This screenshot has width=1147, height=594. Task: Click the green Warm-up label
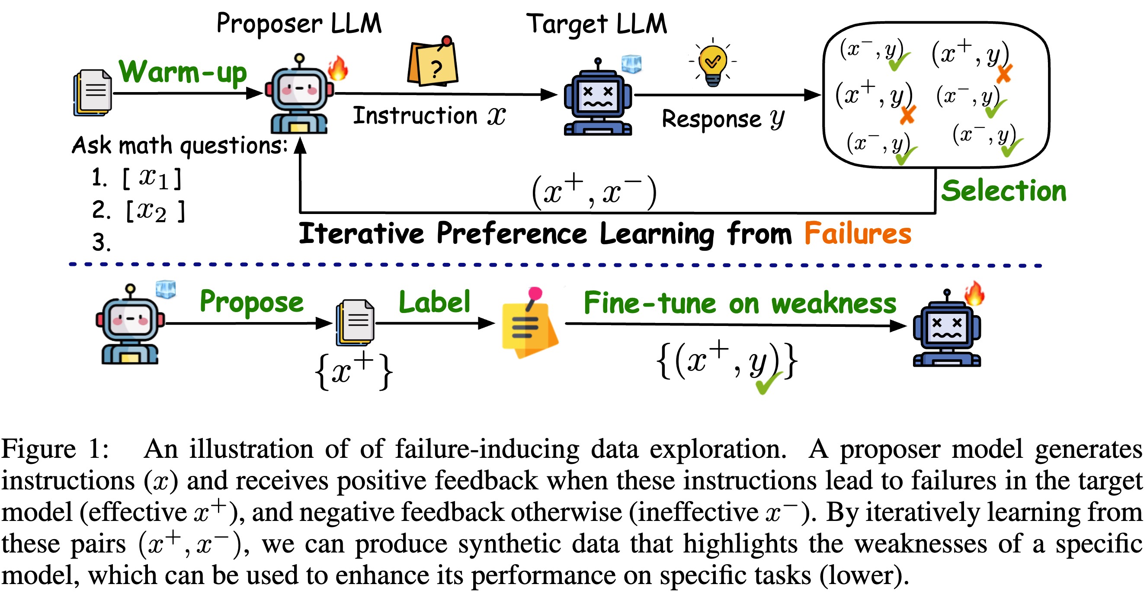(x=183, y=72)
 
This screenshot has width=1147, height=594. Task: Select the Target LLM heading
(x=597, y=24)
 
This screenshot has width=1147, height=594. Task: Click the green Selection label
(x=1003, y=192)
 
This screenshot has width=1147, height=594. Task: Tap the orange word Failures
(x=858, y=234)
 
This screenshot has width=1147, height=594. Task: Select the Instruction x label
(x=429, y=116)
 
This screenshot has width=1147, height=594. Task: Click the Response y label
(x=723, y=119)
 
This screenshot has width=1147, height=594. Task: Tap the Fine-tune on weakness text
(x=740, y=304)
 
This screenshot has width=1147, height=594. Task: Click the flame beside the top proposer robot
(x=338, y=68)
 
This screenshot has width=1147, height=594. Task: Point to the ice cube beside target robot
(x=631, y=64)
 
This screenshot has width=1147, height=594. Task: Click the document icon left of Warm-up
(x=93, y=93)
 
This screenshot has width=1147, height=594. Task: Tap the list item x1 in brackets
(x=152, y=179)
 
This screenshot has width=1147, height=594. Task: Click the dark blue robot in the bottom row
(x=947, y=330)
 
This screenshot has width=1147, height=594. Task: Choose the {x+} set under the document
(x=354, y=370)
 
